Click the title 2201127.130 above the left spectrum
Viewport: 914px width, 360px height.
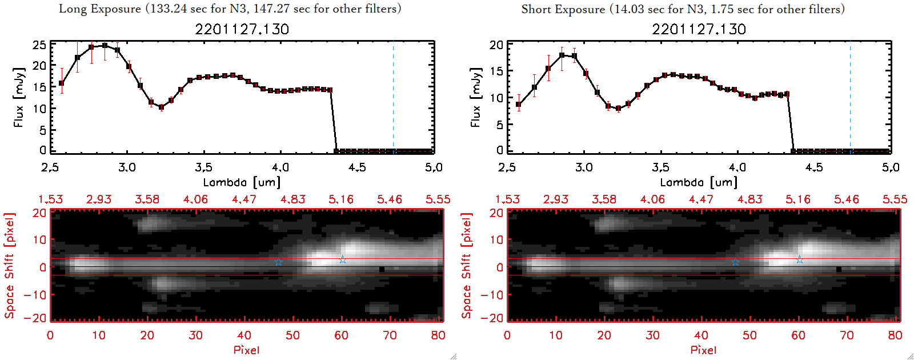[242, 29]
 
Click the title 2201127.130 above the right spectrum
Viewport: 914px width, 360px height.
[699, 29]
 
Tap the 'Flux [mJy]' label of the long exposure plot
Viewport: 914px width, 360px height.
[19, 97]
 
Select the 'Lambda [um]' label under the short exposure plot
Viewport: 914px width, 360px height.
[699, 182]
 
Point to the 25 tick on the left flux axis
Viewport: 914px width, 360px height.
[39, 45]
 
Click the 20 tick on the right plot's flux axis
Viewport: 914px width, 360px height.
[496, 45]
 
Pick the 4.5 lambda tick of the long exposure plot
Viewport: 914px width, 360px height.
[357, 167]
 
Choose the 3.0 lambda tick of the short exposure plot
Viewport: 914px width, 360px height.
[584, 167]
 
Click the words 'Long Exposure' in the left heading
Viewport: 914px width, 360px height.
[99, 9]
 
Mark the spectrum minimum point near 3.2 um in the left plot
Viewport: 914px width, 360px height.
[162, 107]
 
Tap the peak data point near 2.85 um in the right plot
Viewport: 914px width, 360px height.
[562, 55]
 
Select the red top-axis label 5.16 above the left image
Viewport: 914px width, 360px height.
[341, 199]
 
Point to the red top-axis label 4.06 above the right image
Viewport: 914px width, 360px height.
[652, 199]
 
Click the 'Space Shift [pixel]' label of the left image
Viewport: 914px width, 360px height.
[9, 266]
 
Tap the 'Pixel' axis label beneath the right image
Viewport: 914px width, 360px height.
[703, 350]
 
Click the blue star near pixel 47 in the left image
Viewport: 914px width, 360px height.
[278, 262]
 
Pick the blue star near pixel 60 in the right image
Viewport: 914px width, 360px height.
[800, 260]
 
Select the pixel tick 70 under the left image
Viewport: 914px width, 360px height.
[390, 335]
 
